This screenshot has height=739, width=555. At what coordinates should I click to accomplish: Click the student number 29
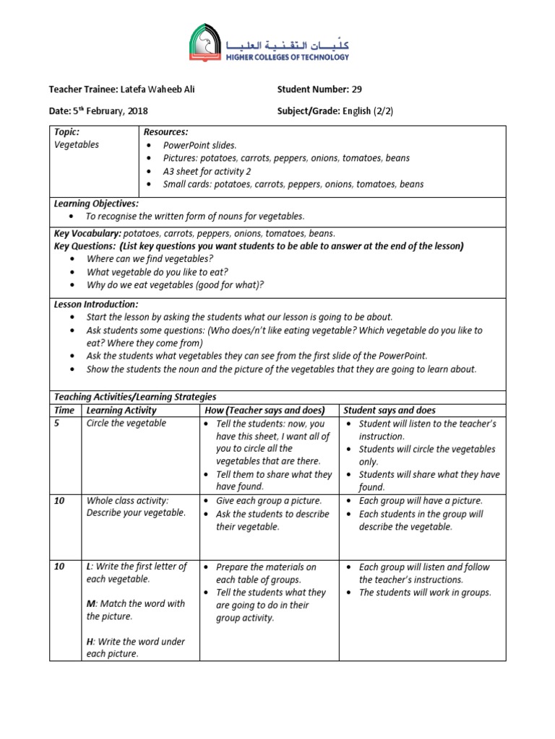(x=356, y=89)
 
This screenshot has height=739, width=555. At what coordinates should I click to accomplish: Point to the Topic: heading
(x=67, y=132)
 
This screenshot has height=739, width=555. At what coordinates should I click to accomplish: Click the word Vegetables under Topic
(x=77, y=144)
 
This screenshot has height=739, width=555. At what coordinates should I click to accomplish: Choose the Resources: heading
(x=165, y=132)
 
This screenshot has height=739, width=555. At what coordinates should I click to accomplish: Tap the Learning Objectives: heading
(x=96, y=204)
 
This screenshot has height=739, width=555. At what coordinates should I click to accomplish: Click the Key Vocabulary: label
(x=87, y=233)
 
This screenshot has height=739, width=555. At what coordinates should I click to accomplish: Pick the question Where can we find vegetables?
(x=150, y=258)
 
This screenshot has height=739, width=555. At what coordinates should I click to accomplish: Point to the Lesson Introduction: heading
(x=96, y=305)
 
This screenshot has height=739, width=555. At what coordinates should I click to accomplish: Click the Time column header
(x=64, y=410)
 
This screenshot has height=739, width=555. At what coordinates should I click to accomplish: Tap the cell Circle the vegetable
(x=126, y=423)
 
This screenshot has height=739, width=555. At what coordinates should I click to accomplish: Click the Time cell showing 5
(x=57, y=424)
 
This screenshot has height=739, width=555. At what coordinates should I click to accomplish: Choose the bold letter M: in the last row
(x=91, y=603)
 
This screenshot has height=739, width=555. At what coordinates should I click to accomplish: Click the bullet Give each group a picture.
(x=269, y=500)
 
